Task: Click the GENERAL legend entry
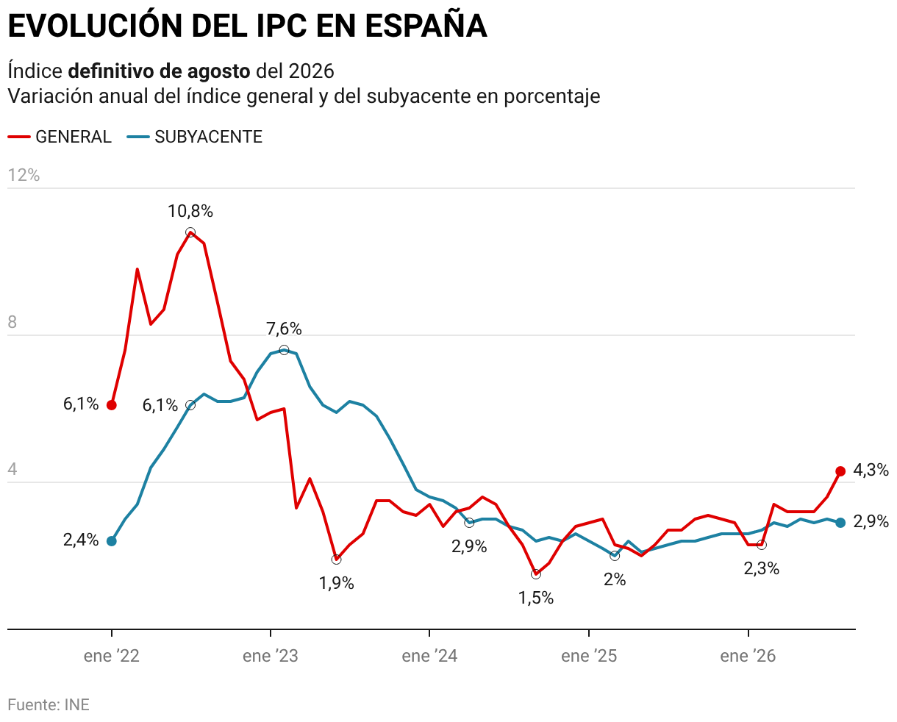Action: [x=60, y=137]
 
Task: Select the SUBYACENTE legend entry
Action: [x=195, y=137]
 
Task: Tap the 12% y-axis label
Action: [x=24, y=175]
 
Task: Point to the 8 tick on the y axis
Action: [x=12, y=322]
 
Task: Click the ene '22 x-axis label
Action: [x=111, y=656]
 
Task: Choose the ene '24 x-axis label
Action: [x=429, y=656]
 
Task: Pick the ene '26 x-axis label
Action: [x=748, y=656]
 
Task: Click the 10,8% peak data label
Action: [x=190, y=211]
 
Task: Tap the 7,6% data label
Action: [x=284, y=329]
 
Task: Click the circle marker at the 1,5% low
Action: [x=536, y=574]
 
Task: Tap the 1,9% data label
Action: [x=337, y=583]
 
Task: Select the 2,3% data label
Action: [x=762, y=568]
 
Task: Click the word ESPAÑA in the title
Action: [x=426, y=26]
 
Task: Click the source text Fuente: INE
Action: [x=49, y=704]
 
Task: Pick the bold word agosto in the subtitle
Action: [x=218, y=72]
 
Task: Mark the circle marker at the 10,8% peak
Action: [x=190, y=232]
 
